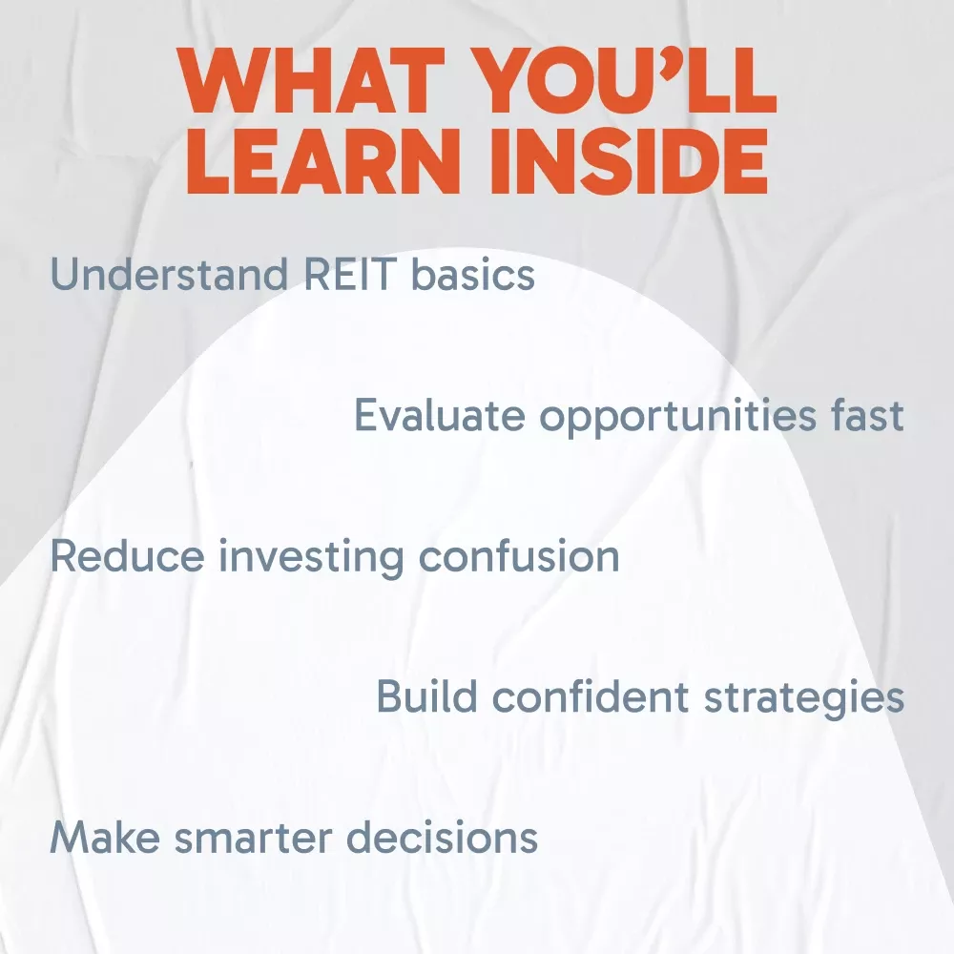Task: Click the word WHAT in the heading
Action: point(312,80)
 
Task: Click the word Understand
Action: point(169,274)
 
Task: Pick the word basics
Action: point(473,275)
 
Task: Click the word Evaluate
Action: point(440,415)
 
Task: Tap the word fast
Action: point(867,415)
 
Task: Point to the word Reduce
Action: point(127,555)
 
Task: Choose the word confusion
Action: point(519,555)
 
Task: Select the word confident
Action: point(591,696)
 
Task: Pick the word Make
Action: point(105,838)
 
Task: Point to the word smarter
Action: point(253,839)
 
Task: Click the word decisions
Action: point(443,838)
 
